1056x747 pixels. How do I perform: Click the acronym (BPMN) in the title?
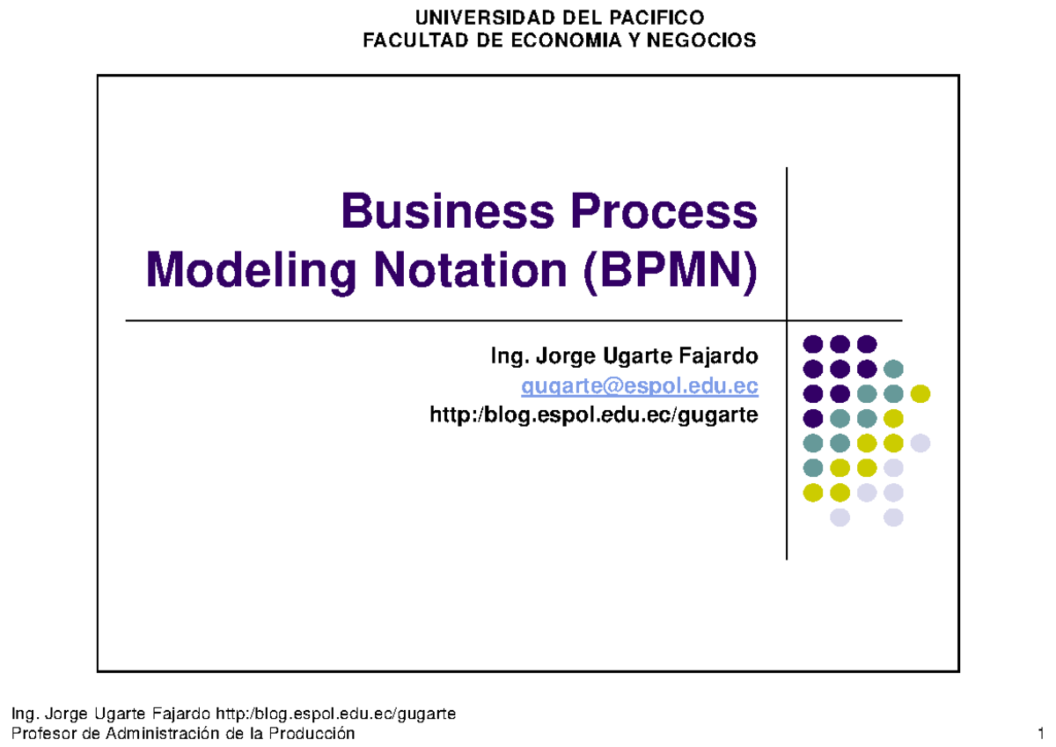[x=669, y=269]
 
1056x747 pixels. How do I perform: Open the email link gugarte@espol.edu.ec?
[x=639, y=386]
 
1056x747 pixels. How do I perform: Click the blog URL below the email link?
[x=593, y=414]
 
